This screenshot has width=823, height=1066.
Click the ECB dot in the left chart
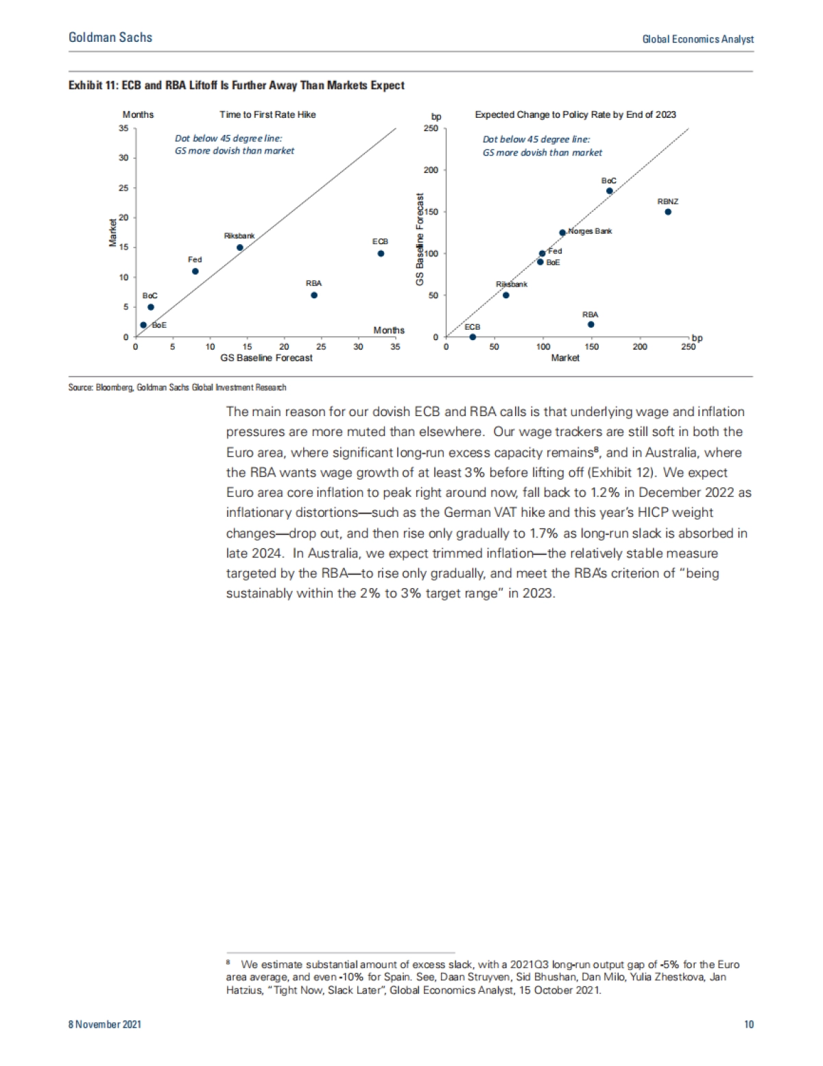click(381, 254)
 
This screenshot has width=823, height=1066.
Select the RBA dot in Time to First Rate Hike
click(314, 295)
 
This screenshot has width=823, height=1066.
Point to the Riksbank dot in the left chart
click(239, 247)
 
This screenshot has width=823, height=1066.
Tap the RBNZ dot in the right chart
click(668, 212)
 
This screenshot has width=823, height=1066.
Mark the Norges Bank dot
click(562, 232)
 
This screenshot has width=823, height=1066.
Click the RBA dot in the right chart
click(591, 324)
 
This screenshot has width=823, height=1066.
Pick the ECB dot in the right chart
click(473, 337)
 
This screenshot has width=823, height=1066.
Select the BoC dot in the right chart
click(609, 191)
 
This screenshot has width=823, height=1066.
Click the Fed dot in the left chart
click(195, 271)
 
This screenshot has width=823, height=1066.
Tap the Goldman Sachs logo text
click(110, 38)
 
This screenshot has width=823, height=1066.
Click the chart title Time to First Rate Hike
click(267, 114)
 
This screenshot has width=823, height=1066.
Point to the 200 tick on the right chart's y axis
click(430, 170)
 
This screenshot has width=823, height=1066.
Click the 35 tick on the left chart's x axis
click(395, 347)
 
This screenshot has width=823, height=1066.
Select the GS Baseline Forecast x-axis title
click(266, 358)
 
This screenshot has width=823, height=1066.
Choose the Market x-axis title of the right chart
click(565, 358)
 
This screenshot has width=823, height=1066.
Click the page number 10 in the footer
click(748, 1024)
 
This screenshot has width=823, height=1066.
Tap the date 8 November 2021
click(105, 1024)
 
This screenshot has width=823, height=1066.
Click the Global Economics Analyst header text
click(697, 39)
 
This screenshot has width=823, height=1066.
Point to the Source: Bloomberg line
click(177, 387)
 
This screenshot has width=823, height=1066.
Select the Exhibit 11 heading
click(236, 85)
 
